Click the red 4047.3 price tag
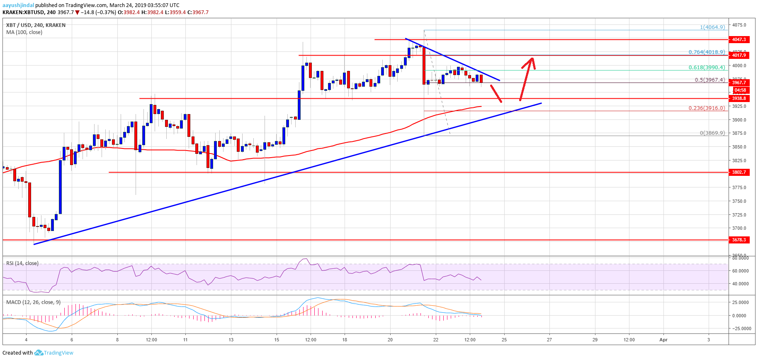tap(739, 39)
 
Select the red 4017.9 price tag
tap(739, 55)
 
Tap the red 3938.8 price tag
tap(739, 98)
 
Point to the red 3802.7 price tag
tap(739, 172)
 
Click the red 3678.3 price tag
tap(739, 240)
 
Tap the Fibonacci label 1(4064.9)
tap(712, 27)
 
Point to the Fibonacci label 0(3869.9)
tap(712, 133)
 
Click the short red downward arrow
tap(496, 94)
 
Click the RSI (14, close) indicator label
tap(22, 263)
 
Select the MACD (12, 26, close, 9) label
tap(33, 302)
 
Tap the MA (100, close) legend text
tap(24, 32)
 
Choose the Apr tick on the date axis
tap(663, 340)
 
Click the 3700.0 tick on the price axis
tap(739, 228)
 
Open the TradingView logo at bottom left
tap(54, 353)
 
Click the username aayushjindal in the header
tap(18, 5)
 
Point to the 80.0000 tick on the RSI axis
tap(740, 258)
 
